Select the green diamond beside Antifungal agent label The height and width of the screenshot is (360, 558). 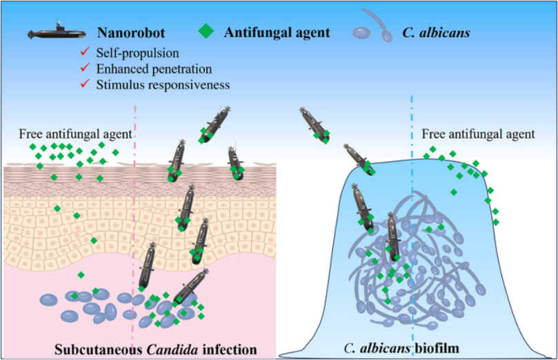click(x=203, y=32)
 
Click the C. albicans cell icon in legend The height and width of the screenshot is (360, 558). click(x=369, y=31)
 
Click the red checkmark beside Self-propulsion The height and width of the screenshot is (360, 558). click(x=85, y=52)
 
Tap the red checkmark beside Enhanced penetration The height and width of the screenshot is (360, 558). click(x=85, y=68)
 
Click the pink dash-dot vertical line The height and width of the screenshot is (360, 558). click(x=133, y=207)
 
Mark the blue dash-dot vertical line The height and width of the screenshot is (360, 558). click(x=412, y=207)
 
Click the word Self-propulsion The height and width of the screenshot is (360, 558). click(x=138, y=52)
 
